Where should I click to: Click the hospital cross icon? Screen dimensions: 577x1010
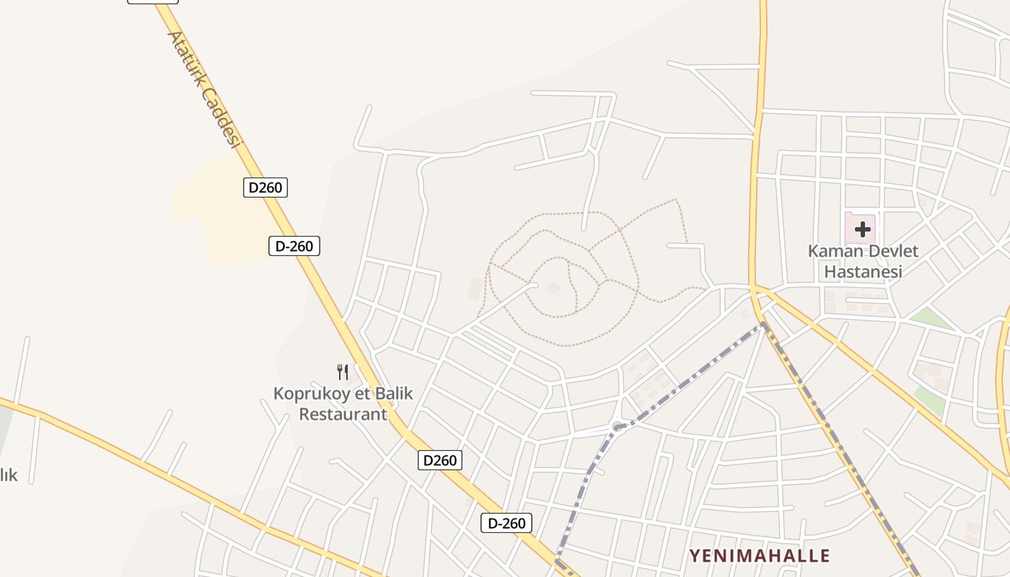862,229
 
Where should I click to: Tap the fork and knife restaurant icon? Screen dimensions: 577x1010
343,372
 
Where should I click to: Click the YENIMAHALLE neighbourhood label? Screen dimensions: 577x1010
760,555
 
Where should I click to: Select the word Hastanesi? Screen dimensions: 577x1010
863,272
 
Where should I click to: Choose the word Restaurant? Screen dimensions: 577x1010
343,414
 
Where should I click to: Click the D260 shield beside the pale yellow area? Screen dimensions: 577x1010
265,188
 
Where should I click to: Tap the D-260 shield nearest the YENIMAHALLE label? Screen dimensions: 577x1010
506,523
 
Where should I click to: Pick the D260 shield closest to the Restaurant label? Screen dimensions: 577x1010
440,460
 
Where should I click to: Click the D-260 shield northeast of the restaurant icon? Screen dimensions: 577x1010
294,246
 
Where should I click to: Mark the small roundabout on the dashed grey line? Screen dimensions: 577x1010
618,426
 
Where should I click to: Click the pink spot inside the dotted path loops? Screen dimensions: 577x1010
553,288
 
